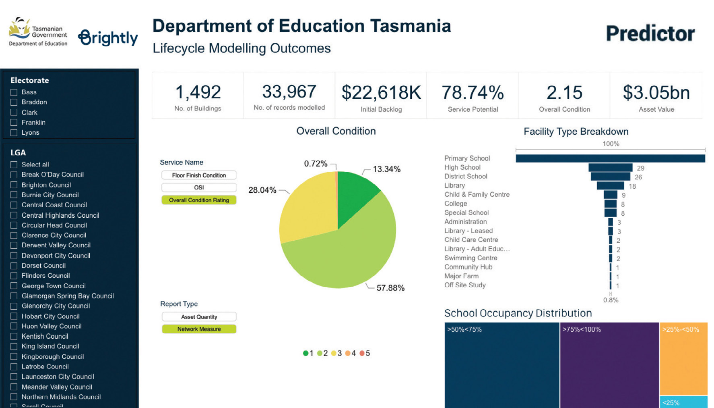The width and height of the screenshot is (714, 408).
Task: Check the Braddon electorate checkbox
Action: [14, 102]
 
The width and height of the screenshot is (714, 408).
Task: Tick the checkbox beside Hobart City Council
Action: [14, 316]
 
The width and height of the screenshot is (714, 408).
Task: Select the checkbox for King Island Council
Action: [14, 346]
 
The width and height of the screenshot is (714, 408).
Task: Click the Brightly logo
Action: [108, 38]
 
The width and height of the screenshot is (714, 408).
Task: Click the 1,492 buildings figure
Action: [198, 92]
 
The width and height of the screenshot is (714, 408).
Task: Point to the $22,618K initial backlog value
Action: [381, 93]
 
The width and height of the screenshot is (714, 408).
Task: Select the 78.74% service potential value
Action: [473, 93]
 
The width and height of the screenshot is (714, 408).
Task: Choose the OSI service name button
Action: [199, 187]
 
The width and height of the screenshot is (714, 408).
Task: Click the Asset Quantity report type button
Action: [199, 317]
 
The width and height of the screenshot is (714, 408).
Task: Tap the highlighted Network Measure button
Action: [199, 329]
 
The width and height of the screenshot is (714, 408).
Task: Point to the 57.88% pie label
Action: [390, 288]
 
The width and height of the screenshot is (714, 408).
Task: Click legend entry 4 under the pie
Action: [351, 353]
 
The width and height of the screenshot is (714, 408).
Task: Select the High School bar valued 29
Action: [610, 168]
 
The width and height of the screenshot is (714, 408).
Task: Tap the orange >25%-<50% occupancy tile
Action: [683, 359]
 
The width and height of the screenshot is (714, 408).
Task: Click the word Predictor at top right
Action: [650, 33]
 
